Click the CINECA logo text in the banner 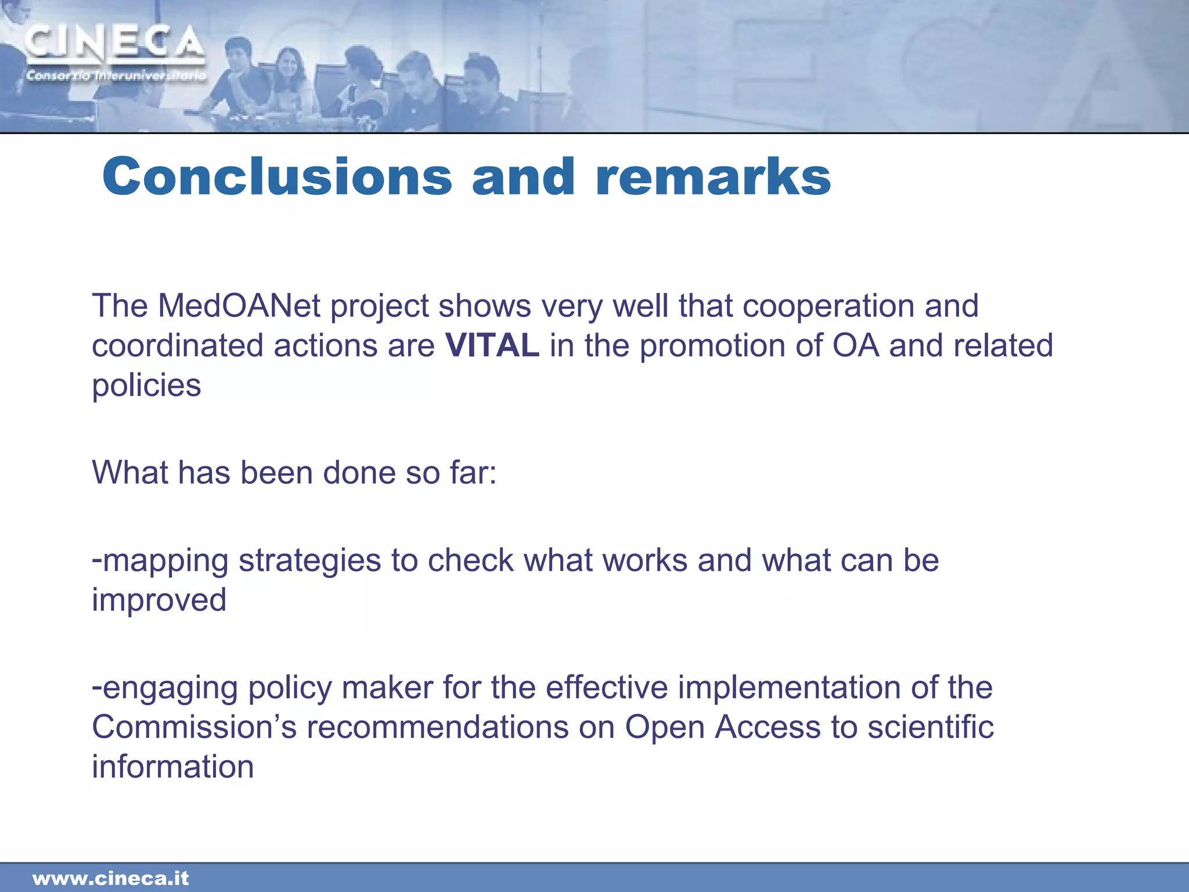point(114,44)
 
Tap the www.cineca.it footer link point(110,879)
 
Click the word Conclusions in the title point(277,177)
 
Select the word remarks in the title point(713,177)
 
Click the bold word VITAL point(492,346)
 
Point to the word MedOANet point(239,305)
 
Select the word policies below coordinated point(146,386)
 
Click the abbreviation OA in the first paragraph point(855,346)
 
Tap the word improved point(159,600)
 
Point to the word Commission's point(194,727)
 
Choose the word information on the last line point(172,767)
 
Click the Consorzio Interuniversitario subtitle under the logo point(116,76)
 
